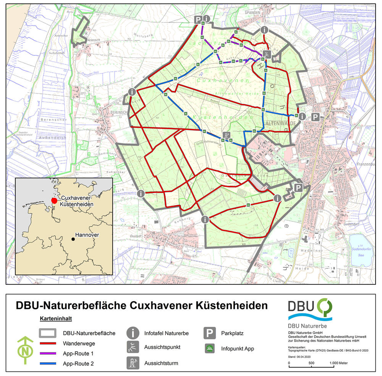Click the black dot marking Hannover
tap(73, 239)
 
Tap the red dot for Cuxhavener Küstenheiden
tap(54, 200)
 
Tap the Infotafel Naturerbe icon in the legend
tap(133, 333)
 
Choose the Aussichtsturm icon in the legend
tap(133, 363)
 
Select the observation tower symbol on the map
tap(227, 135)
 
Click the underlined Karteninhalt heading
tap(56, 318)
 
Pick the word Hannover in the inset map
tap(87, 235)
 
